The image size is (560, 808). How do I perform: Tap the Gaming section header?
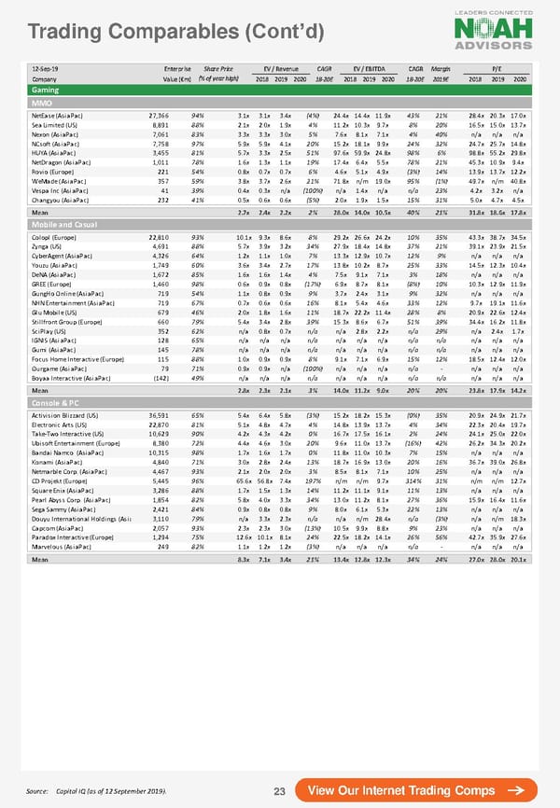pos(47,89)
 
